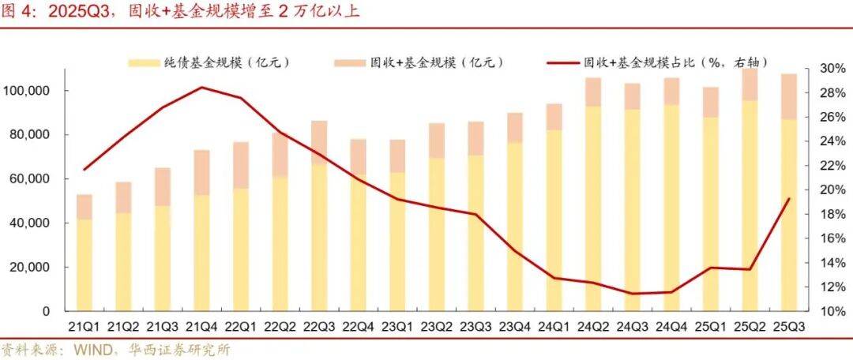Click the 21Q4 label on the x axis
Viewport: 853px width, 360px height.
click(201, 327)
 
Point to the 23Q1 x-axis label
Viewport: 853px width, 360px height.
click(396, 327)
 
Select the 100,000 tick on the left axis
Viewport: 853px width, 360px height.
click(27, 91)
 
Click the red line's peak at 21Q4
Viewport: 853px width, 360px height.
click(201, 87)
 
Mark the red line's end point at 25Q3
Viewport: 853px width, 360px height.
click(787, 199)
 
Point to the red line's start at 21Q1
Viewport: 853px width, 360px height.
click(85, 170)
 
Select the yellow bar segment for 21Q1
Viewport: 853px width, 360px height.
click(85, 264)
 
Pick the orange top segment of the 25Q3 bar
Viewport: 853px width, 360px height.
click(787, 96)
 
